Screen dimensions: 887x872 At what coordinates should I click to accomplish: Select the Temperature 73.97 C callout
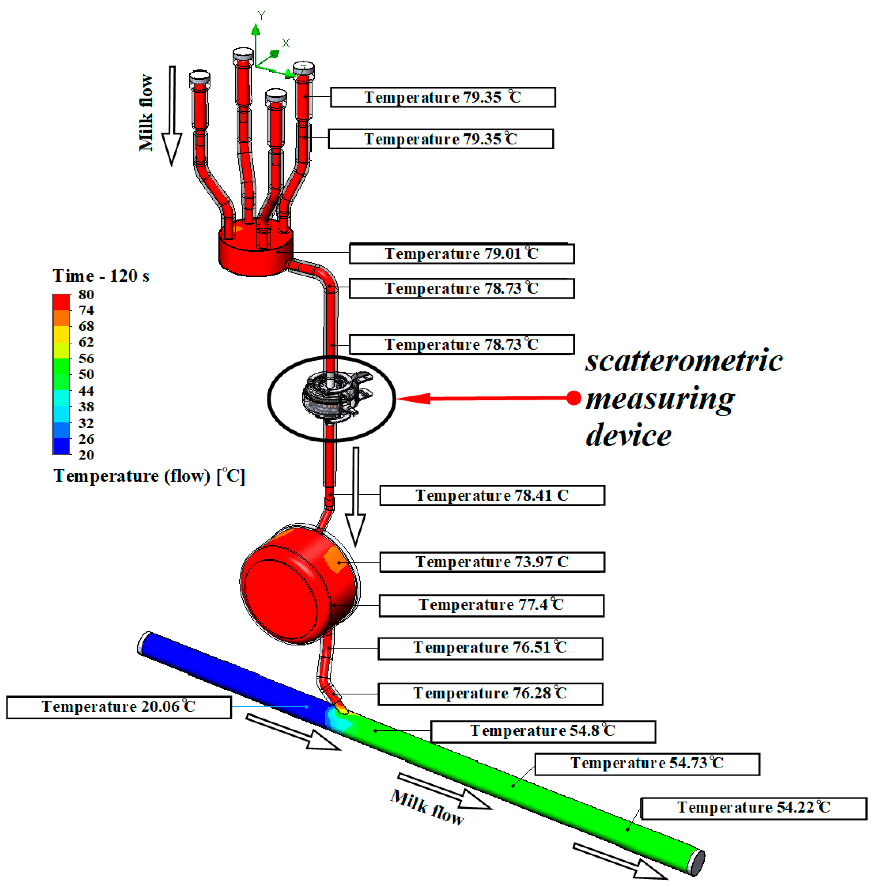tap(492, 562)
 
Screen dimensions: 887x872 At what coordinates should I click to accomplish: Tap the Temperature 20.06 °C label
tap(119, 707)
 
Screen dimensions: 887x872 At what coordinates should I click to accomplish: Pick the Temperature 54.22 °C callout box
tap(753, 807)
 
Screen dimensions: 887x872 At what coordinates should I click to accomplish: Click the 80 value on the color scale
tap(86, 294)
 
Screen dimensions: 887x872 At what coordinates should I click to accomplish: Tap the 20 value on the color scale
tap(86, 455)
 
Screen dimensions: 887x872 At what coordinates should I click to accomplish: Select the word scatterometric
tap(684, 361)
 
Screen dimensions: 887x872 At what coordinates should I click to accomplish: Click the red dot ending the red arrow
tap(573, 398)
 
